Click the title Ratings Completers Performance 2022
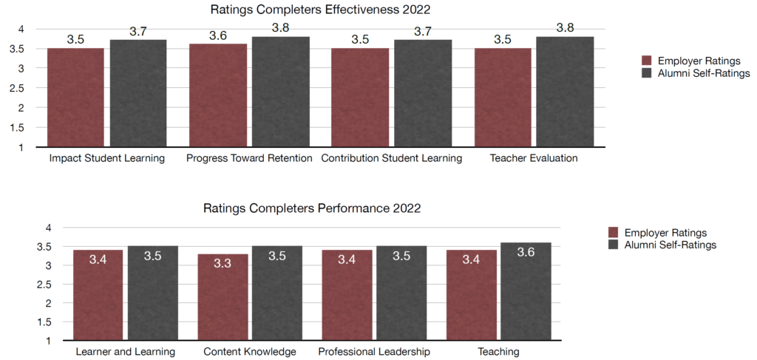[x=312, y=208]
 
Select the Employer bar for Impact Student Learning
[x=75, y=98]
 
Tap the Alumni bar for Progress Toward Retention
[x=280, y=92]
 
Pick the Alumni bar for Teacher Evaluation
[x=565, y=92]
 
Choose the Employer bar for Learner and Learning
[x=98, y=296]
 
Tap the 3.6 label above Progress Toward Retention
[x=218, y=35]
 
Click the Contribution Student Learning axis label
[x=391, y=159]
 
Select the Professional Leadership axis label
[x=374, y=352]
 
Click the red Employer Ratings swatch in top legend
[x=646, y=61]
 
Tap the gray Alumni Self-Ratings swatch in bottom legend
[x=613, y=245]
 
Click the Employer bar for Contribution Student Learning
[x=359, y=98]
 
